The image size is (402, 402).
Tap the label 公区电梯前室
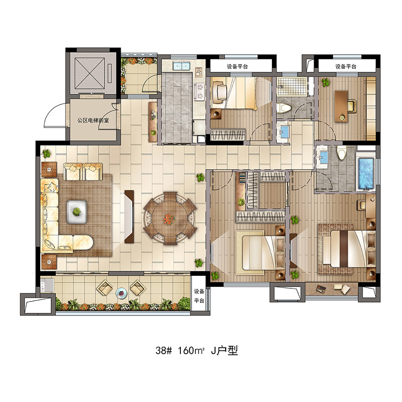(x=93, y=120)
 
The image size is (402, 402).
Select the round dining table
(x=170, y=218)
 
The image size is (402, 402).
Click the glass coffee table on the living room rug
(x=76, y=212)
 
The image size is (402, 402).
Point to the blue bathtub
(x=366, y=174)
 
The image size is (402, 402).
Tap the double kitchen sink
(x=181, y=66)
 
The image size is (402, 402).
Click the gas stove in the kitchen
(x=199, y=92)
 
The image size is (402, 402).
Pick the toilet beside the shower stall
(x=284, y=108)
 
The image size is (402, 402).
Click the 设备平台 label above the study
(x=346, y=67)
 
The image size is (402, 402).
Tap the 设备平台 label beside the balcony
(x=199, y=295)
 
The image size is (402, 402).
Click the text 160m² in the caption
(x=191, y=350)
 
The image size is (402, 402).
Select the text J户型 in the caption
(x=225, y=350)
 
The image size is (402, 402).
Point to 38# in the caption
(x=164, y=350)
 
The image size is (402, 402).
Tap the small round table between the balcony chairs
(x=121, y=293)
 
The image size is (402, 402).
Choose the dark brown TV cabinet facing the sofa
(x=129, y=217)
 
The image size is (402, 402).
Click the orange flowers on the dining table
(x=169, y=219)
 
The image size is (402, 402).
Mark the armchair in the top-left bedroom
(x=220, y=91)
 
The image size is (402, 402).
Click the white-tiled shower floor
(x=292, y=86)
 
